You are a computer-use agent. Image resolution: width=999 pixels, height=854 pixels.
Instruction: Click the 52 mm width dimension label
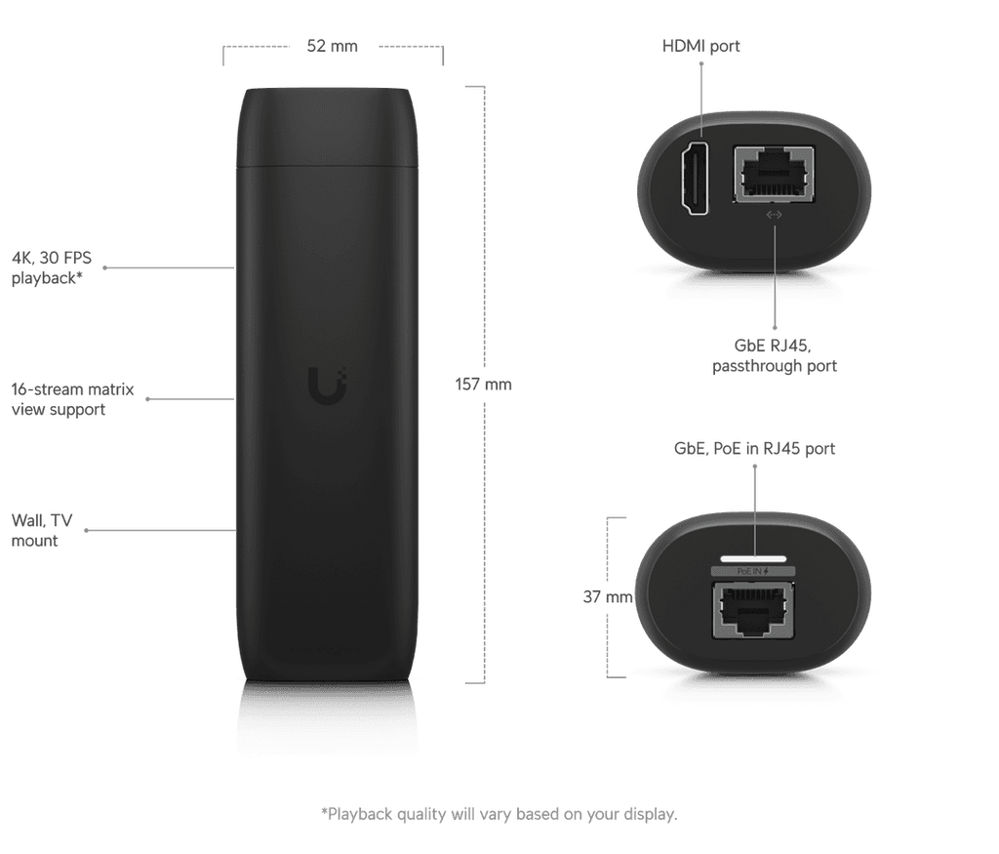(x=332, y=46)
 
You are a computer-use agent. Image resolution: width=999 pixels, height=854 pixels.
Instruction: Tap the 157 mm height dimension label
(x=483, y=385)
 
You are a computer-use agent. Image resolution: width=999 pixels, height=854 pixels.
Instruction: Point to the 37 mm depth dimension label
(x=607, y=596)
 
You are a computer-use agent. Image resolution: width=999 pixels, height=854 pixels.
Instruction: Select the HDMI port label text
(x=700, y=46)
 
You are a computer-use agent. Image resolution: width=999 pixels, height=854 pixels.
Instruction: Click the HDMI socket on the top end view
(x=695, y=179)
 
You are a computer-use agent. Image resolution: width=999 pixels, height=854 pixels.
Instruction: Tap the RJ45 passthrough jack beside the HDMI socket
(x=774, y=174)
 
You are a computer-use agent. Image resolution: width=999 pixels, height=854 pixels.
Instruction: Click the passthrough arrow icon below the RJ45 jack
(x=774, y=215)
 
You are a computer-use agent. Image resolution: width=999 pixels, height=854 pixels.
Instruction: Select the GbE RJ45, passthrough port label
(x=774, y=355)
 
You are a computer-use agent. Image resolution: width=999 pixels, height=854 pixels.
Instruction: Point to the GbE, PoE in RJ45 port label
(x=754, y=449)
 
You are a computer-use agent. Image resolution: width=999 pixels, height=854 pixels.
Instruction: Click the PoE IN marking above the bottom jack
(x=753, y=572)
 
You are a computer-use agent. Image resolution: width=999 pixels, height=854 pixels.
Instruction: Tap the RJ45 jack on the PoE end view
(x=753, y=610)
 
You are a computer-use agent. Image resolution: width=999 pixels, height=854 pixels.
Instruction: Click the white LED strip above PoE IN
(x=754, y=559)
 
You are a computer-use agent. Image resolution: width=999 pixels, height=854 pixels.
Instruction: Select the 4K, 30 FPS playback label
(x=52, y=267)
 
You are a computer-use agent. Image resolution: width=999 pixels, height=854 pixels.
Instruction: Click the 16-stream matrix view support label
(x=72, y=399)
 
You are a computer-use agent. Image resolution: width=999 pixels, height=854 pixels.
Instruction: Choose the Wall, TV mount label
(x=42, y=530)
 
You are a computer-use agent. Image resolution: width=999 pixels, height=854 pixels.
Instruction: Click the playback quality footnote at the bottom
(x=499, y=814)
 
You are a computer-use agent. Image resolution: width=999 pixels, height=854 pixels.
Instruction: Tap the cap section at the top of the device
(x=328, y=128)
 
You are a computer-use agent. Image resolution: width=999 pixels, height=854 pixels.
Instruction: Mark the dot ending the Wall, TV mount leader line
(x=86, y=530)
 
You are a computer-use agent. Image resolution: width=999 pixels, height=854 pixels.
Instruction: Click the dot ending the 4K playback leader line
(x=104, y=267)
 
